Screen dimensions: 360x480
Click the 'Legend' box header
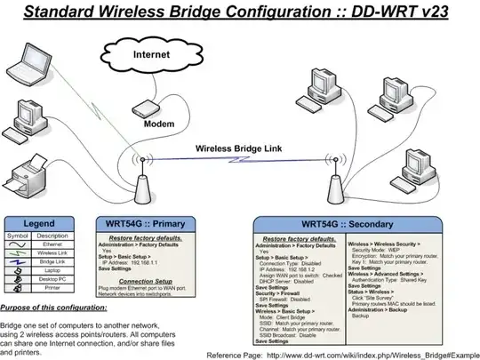click(44, 223)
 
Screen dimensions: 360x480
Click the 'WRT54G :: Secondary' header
click(352, 224)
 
